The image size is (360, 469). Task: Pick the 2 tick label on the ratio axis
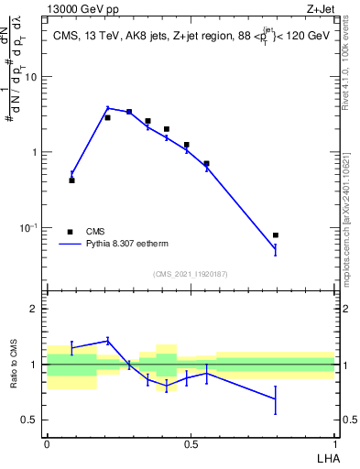(x=35, y=309)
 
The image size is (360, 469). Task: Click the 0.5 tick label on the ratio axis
(x=31, y=420)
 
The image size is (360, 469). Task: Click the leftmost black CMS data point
(x=71, y=180)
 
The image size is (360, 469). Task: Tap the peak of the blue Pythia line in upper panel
(x=107, y=108)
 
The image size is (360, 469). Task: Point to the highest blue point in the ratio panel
(x=107, y=340)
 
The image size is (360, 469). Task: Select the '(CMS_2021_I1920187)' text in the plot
(x=190, y=274)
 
